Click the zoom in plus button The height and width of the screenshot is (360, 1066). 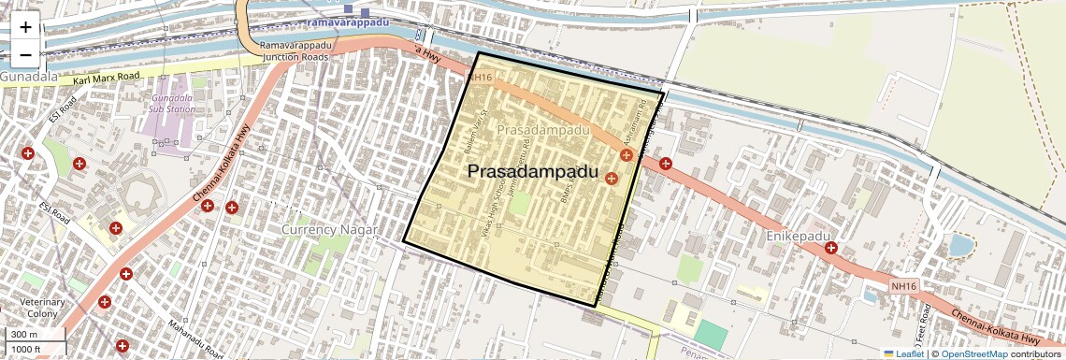tap(25, 27)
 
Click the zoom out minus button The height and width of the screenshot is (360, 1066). tap(25, 54)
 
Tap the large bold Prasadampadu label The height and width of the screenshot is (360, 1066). tap(531, 172)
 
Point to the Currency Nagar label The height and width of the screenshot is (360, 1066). tap(329, 229)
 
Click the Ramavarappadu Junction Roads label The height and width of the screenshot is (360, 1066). tap(295, 50)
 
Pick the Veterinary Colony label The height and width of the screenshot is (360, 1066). tap(43, 308)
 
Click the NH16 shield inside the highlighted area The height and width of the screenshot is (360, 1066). tap(482, 78)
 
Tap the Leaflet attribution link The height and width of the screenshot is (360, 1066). tap(904, 353)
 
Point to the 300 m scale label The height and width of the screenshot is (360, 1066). tap(24, 334)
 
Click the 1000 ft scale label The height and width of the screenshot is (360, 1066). tap(27, 349)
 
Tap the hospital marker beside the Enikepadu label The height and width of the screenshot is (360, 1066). tap(830, 249)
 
